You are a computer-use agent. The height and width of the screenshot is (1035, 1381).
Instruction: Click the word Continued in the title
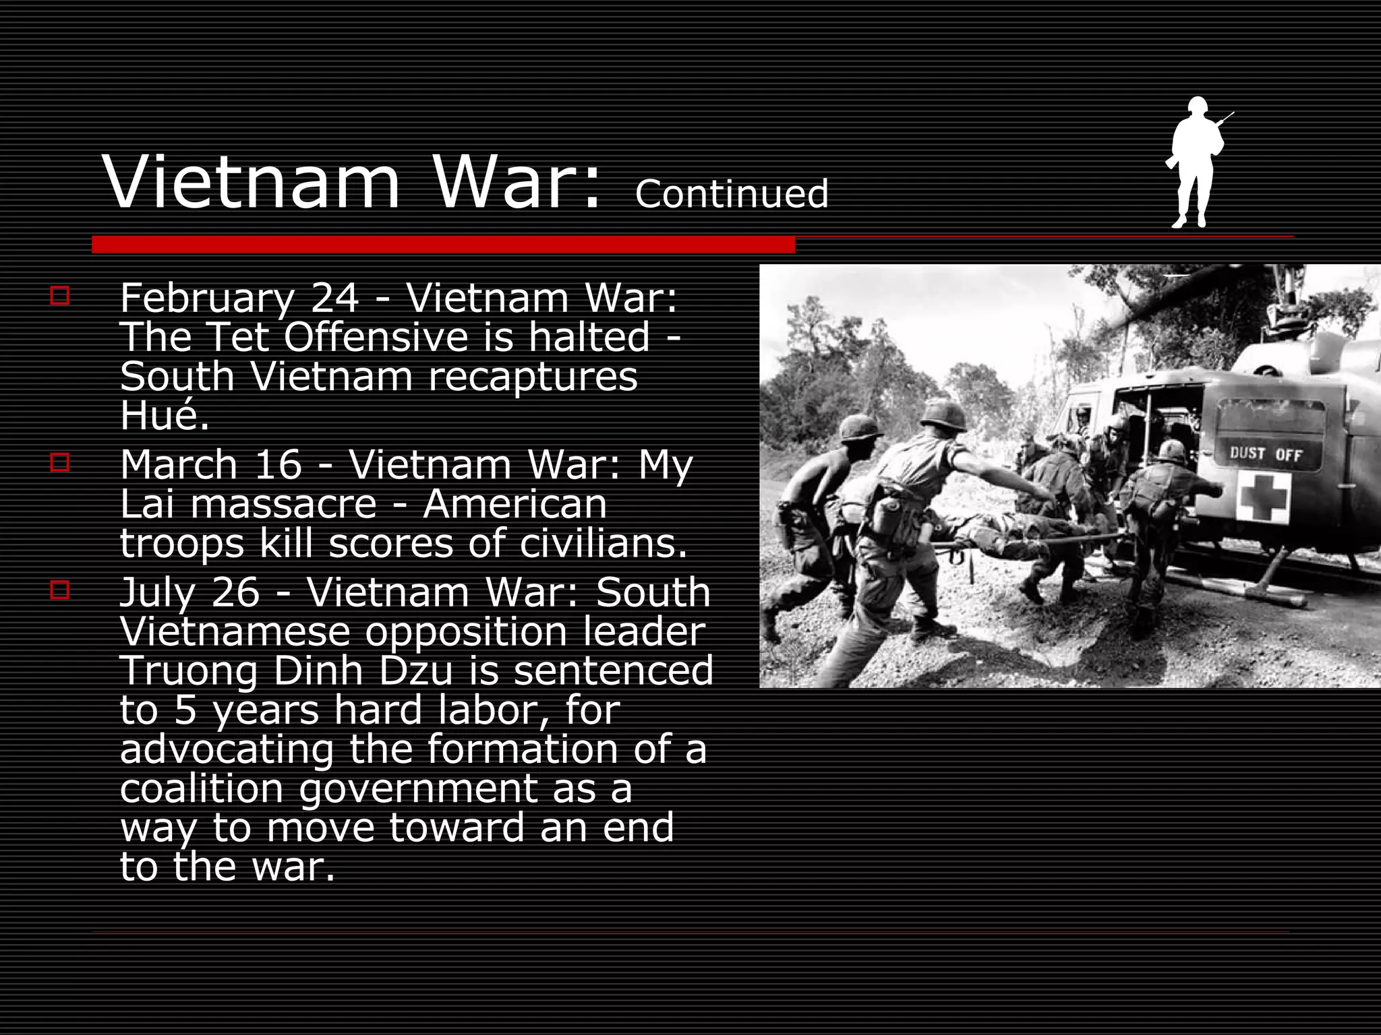(732, 194)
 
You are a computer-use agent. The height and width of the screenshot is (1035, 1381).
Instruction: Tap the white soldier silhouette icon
(1194, 162)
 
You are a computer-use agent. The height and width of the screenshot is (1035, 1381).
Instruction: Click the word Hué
(164, 415)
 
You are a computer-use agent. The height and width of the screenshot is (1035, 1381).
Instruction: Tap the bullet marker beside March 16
(59, 463)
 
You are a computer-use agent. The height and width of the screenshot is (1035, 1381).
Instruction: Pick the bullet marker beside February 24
(59, 296)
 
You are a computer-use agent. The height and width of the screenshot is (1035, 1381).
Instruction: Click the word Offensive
(375, 337)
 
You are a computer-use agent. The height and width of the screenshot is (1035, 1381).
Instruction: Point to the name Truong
(189, 671)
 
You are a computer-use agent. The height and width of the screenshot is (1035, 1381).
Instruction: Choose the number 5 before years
(185, 710)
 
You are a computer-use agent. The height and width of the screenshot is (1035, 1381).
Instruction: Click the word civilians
(603, 543)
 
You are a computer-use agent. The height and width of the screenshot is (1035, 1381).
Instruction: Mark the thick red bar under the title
(443, 245)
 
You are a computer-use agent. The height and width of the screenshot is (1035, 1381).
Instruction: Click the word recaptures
(533, 376)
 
